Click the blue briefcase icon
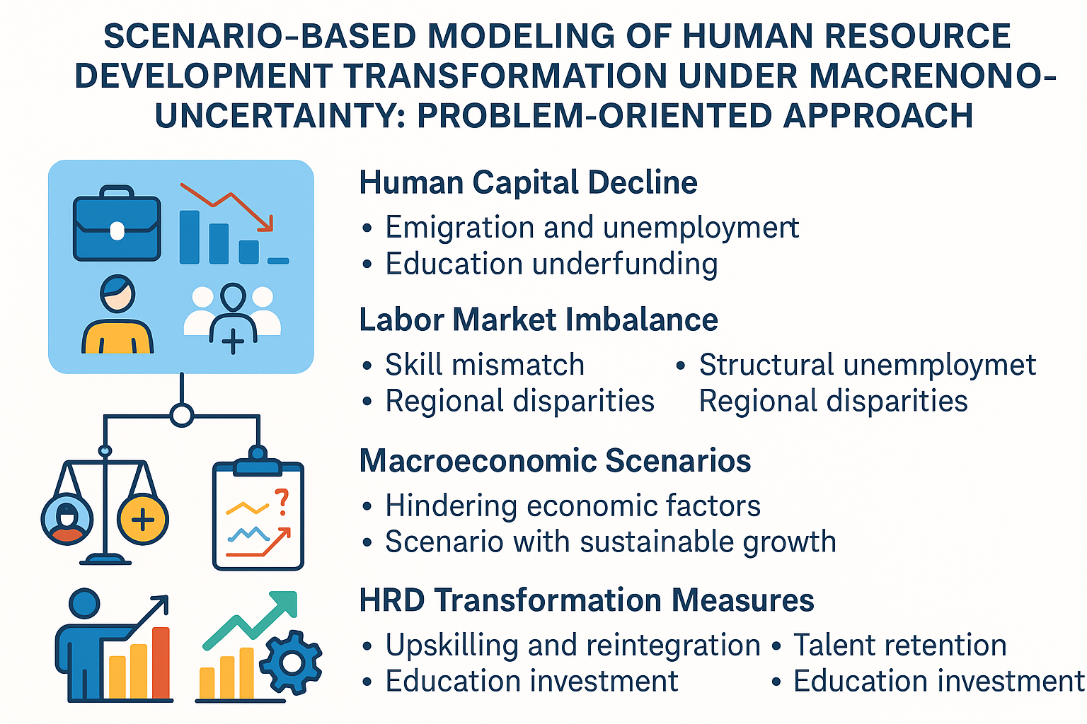[117, 224]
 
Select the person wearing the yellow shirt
[117, 315]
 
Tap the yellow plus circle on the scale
[143, 520]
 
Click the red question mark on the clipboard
[282, 501]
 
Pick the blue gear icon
[291, 662]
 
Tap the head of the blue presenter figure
[84, 605]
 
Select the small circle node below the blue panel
[182, 415]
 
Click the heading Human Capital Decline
[528, 182]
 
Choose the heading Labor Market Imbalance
[538, 320]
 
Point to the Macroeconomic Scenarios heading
[555, 461]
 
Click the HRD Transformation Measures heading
[586, 600]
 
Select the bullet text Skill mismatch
[485, 365]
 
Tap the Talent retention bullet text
[899, 645]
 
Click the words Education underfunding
[551, 264]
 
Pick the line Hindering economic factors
[573, 506]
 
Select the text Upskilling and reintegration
[573, 645]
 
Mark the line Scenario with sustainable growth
[610, 542]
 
